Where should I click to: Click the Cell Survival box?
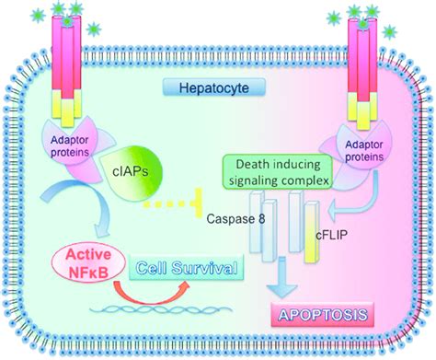(x=189, y=269)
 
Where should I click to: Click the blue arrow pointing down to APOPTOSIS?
(x=289, y=281)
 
